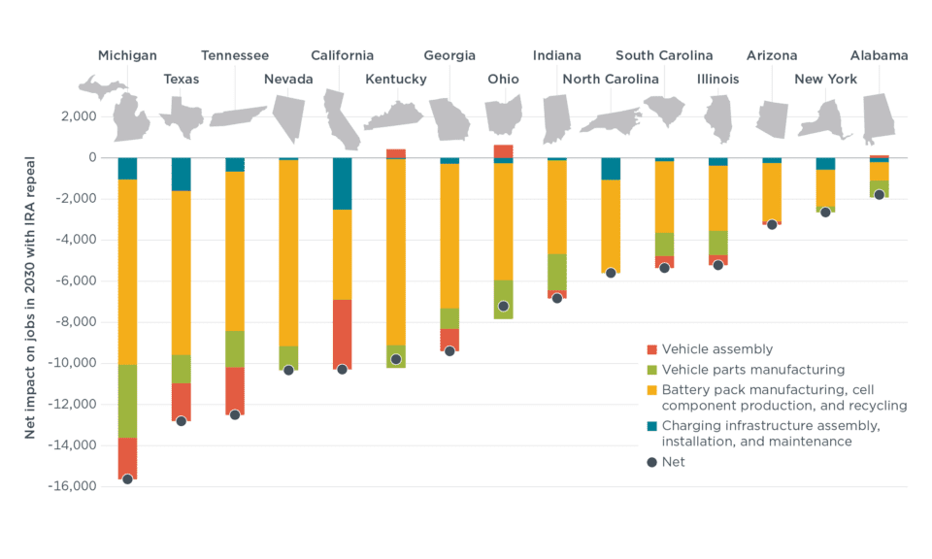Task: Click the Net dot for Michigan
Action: coord(127,479)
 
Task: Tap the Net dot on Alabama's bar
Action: coord(879,195)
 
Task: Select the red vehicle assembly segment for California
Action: coord(342,334)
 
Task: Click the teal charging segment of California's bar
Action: coord(342,183)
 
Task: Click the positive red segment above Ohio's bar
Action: coord(503,151)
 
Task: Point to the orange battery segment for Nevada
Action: coord(288,252)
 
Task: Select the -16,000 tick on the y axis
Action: coord(75,486)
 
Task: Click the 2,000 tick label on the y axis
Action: coord(79,116)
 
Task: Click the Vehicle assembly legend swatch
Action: coord(652,349)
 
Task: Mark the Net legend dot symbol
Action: coord(652,462)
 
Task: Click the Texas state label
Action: coord(181,79)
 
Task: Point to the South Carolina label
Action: coord(664,55)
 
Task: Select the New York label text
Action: coord(825,79)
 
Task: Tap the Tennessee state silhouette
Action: coord(236,116)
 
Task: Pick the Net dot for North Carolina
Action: coord(611,273)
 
